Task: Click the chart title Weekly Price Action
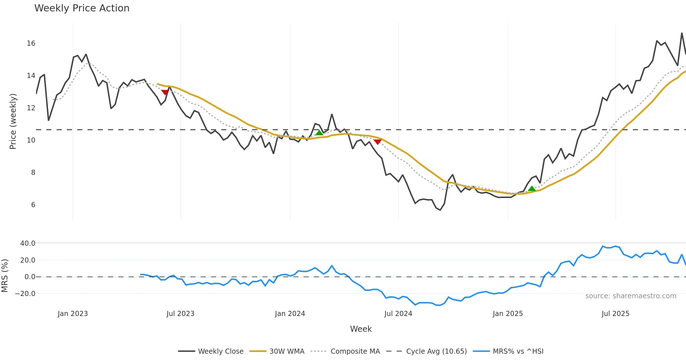tap(82, 8)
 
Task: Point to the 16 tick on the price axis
tap(31, 43)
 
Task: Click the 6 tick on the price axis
tap(33, 205)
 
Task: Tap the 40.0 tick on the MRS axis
tap(28, 243)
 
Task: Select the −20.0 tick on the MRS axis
tap(25, 294)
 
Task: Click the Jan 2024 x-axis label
tap(290, 314)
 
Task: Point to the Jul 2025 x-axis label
tap(615, 314)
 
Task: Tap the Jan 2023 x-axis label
tap(73, 314)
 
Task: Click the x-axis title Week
tap(361, 329)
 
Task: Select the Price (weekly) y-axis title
tap(13, 121)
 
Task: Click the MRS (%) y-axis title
tap(5, 276)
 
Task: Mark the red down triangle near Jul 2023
tap(165, 92)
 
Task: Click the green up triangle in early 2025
tap(532, 189)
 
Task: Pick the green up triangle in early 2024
tap(319, 133)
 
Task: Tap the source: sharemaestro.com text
tap(631, 296)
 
